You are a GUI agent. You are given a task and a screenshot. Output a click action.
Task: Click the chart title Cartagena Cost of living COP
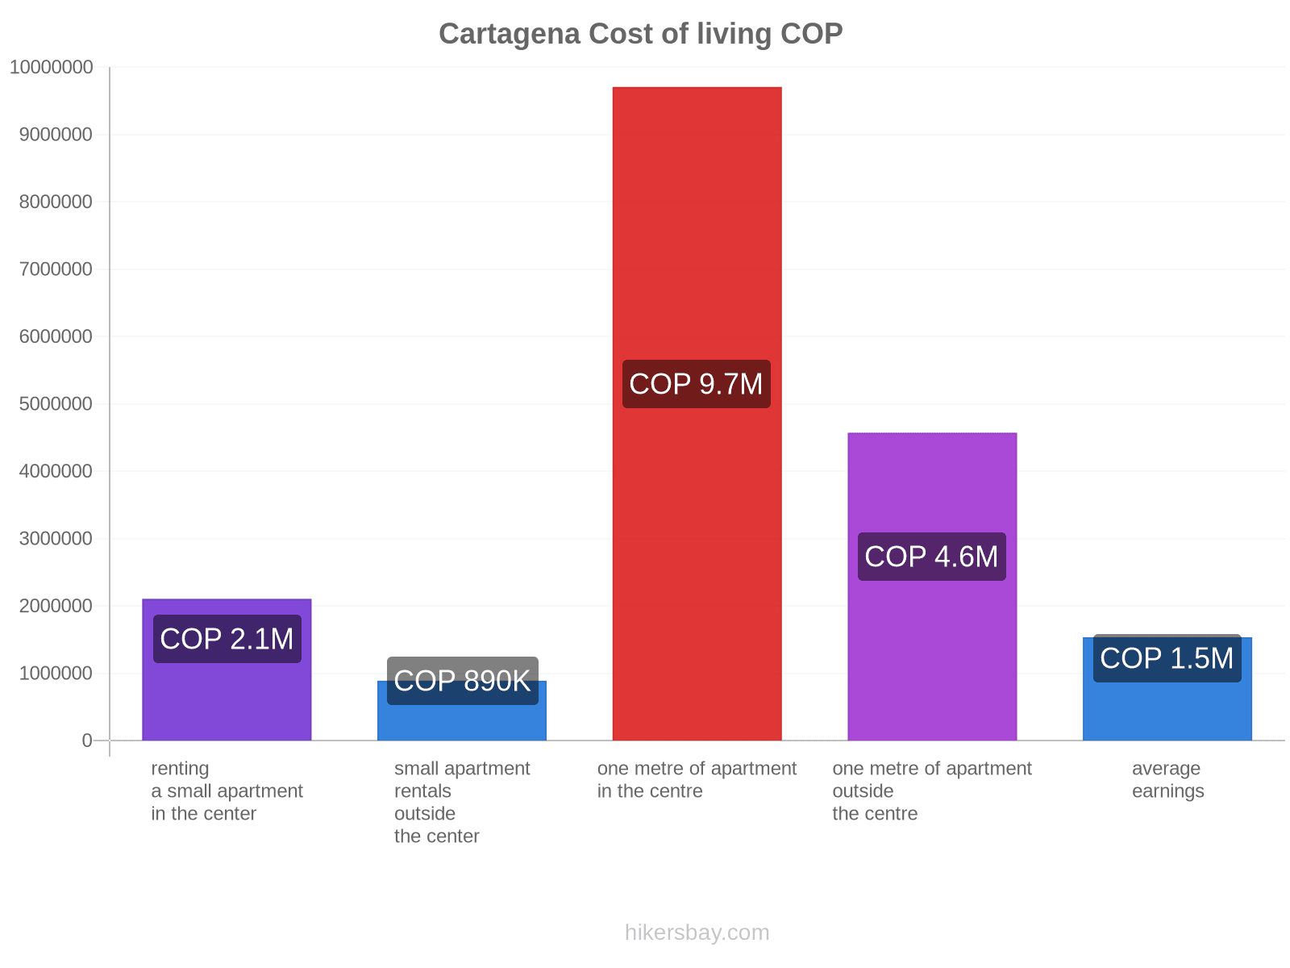[x=640, y=34]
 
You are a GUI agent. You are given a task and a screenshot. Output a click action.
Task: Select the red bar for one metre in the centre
[x=697, y=242]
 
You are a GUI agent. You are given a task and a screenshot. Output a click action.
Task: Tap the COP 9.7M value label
[x=696, y=384]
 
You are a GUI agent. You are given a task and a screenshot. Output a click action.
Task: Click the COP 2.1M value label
[x=227, y=639]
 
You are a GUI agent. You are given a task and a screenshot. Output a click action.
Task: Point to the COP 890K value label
[x=462, y=681]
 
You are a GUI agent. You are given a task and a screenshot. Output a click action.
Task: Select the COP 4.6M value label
[x=931, y=557]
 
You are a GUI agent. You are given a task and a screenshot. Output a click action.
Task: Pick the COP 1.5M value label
[x=1167, y=658]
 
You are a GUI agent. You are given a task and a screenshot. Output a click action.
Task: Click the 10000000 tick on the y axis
[x=51, y=68]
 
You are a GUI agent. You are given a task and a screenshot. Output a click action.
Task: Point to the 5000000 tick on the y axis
[x=56, y=404]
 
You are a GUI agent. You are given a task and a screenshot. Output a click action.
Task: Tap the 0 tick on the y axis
[x=87, y=741]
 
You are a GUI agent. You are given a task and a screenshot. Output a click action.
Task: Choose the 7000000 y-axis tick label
[x=56, y=269]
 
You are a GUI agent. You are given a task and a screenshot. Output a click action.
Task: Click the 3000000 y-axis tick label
[x=56, y=539]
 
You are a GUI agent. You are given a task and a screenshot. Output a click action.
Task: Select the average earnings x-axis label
[x=1167, y=780]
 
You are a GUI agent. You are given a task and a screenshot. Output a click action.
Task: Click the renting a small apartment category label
[x=227, y=791]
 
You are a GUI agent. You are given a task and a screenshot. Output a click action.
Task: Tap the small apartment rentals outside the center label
[x=462, y=803]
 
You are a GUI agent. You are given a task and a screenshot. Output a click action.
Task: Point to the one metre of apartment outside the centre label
[x=931, y=791]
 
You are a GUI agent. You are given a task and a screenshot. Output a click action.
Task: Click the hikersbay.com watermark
[x=697, y=933]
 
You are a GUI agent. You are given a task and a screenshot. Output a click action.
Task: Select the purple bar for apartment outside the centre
[x=932, y=484]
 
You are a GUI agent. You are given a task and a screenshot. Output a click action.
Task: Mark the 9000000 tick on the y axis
[x=56, y=135]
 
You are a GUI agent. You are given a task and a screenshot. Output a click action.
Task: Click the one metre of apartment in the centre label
[x=697, y=780]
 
